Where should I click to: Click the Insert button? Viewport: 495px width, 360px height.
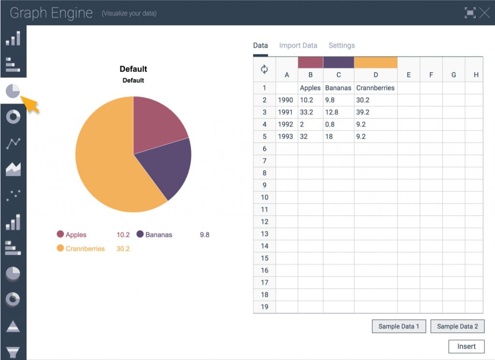click(466, 346)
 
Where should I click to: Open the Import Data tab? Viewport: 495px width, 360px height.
click(298, 45)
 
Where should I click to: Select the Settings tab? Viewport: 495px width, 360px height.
click(342, 45)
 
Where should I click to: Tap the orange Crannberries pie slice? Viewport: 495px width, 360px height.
click(106, 165)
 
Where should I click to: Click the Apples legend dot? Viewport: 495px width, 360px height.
click(60, 234)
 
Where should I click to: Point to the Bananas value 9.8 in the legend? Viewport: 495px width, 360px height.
click(204, 235)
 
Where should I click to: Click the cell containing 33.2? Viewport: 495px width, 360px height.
click(306, 112)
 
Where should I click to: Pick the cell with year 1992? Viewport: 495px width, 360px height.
click(286, 124)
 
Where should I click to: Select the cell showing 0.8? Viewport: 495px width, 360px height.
click(332, 124)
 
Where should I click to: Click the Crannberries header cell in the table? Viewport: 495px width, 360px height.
click(375, 88)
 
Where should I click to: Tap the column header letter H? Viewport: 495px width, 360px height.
click(476, 75)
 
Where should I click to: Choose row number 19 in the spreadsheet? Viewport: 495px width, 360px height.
click(264, 307)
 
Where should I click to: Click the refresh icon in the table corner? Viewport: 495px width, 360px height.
click(264, 69)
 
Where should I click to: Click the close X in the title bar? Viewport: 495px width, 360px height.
click(484, 13)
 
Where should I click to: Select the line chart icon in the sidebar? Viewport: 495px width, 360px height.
click(13, 143)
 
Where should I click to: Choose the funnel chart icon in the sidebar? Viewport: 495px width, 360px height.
click(13, 352)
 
